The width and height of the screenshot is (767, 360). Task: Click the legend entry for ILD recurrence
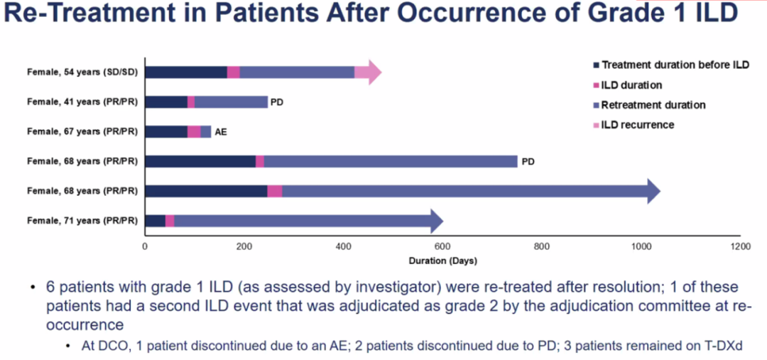637,125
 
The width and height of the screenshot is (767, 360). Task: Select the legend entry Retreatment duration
653,105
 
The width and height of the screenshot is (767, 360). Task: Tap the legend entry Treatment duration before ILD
675,65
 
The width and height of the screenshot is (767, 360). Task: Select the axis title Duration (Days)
442,260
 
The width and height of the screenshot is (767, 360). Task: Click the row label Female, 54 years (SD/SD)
82,72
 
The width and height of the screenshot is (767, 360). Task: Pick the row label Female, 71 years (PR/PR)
82,222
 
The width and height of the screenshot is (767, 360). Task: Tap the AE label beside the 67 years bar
221,132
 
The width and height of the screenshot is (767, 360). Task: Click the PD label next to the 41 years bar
277,102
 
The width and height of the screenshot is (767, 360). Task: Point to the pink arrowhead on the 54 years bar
371,72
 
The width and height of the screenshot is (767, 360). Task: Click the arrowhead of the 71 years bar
434,222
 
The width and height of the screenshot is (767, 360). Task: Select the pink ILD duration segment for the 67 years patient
194,132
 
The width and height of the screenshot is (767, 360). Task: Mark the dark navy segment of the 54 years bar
186,72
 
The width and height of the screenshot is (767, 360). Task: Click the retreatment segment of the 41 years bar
231,102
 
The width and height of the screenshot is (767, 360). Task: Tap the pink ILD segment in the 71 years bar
170,222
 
